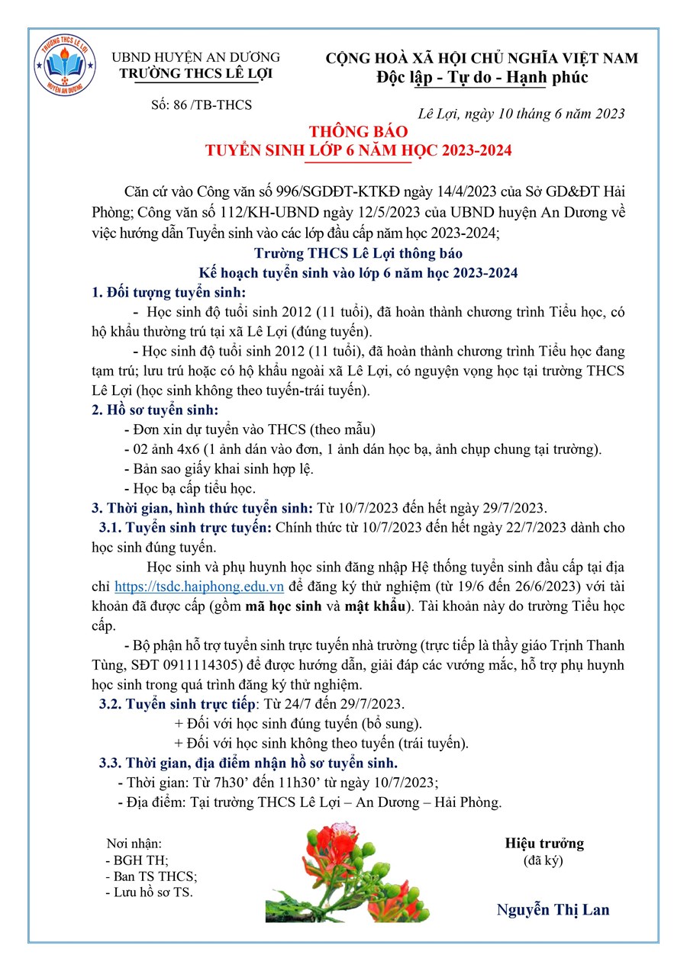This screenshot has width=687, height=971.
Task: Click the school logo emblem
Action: click(65, 66)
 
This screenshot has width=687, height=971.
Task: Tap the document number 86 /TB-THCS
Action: click(202, 104)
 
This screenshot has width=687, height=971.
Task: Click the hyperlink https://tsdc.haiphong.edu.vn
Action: click(199, 587)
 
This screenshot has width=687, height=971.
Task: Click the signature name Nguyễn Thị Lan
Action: click(553, 909)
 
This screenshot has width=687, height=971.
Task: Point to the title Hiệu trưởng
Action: click(544, 843)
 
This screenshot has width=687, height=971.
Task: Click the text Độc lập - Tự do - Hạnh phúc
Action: click(482, 78)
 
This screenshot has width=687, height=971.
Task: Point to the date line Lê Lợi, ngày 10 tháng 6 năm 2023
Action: click(522, 114)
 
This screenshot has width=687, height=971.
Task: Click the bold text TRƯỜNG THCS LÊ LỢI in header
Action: click(195, 73)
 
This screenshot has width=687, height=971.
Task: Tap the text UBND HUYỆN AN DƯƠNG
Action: click(196, 57)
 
